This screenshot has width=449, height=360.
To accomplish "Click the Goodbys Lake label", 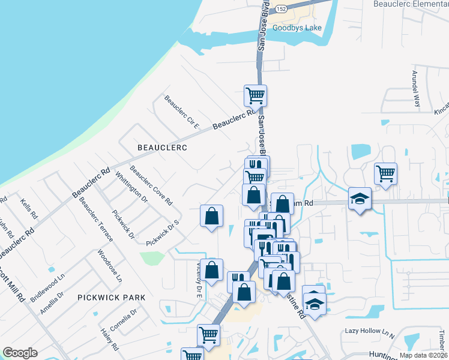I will click(x=297, y=28).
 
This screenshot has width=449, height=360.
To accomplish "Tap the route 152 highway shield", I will click(x=282, y=8).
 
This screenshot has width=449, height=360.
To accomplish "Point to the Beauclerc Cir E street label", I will click(x=181, y=112).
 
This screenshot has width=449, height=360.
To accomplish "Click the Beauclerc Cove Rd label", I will click(x=151, y=185).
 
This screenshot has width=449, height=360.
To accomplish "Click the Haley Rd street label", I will click(x=109, y=339).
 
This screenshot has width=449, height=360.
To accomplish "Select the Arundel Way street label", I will click(x=415, y=89).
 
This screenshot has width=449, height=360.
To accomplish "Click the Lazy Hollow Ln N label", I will click(x=369, y=331).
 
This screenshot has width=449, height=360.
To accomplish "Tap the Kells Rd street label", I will click(x=29, y=208).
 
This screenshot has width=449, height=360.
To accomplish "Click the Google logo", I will click(x=20, y=353).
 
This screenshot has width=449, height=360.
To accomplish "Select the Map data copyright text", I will click(x=424, y=355).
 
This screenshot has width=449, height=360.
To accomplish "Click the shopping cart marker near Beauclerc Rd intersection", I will click(x=255, y=95).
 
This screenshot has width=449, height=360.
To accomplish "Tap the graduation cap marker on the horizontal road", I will click(x=360, y=198).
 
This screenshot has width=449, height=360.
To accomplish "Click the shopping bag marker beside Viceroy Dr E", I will click(x=211, y=269).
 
